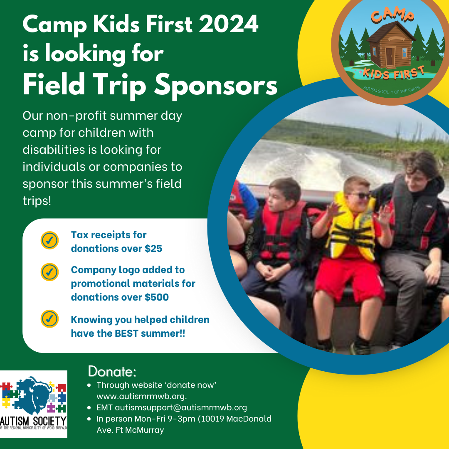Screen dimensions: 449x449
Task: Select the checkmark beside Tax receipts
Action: click(x=49, y=241)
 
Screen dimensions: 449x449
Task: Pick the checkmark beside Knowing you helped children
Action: click(x=49, y=319)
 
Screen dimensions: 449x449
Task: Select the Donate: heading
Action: click(x=112, y=370)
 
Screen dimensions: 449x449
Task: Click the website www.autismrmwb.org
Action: click(x=141, y=396)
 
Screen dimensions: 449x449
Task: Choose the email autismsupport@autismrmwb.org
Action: click(x=181, y=407)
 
